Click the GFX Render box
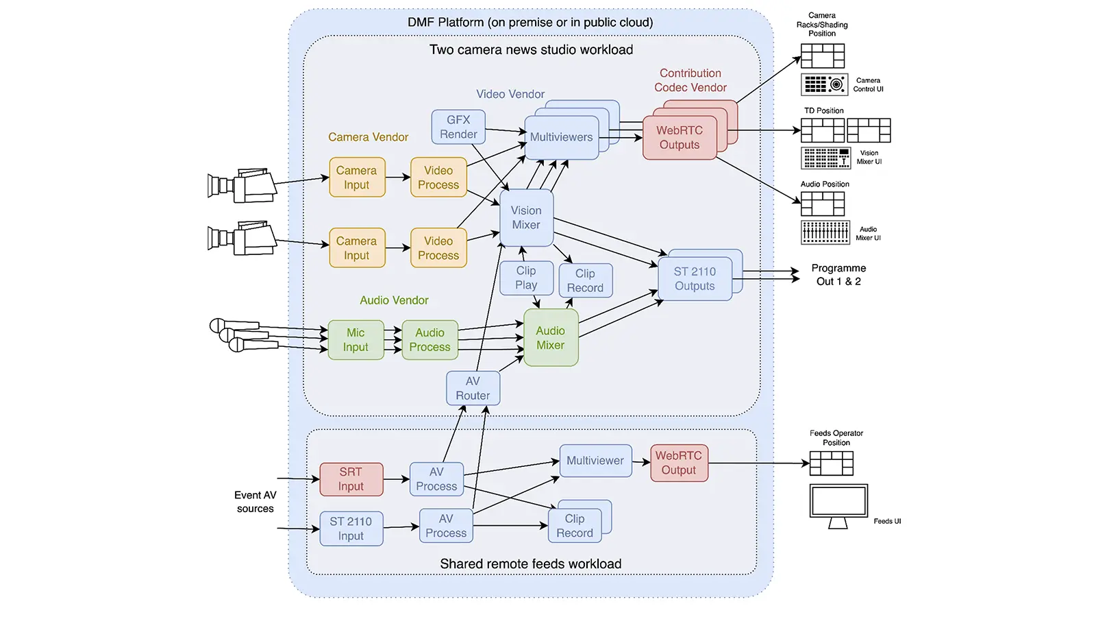(x=458, y=127)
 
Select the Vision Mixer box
(x=526, y=218)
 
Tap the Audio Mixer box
(x=551, y=338)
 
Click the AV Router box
(x=473, y=389)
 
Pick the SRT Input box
(x=351, y=479)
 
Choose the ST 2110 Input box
(x=351, y=529)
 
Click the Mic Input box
(x=356, y=340)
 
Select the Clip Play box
(x=526, y=278)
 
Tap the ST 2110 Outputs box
(x=695, y=279)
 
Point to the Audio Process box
(x=429, y=340)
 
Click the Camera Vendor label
(x=368, y=137)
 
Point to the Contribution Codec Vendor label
(x=690, y=80)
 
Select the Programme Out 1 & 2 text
(x=838, y=275)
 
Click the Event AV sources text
(x=256, y=502)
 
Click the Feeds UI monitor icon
(x=838, y=505)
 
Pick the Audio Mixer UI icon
(x=825, y=232)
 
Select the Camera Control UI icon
(x=824, y=84)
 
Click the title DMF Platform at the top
(x=530, y=23)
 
